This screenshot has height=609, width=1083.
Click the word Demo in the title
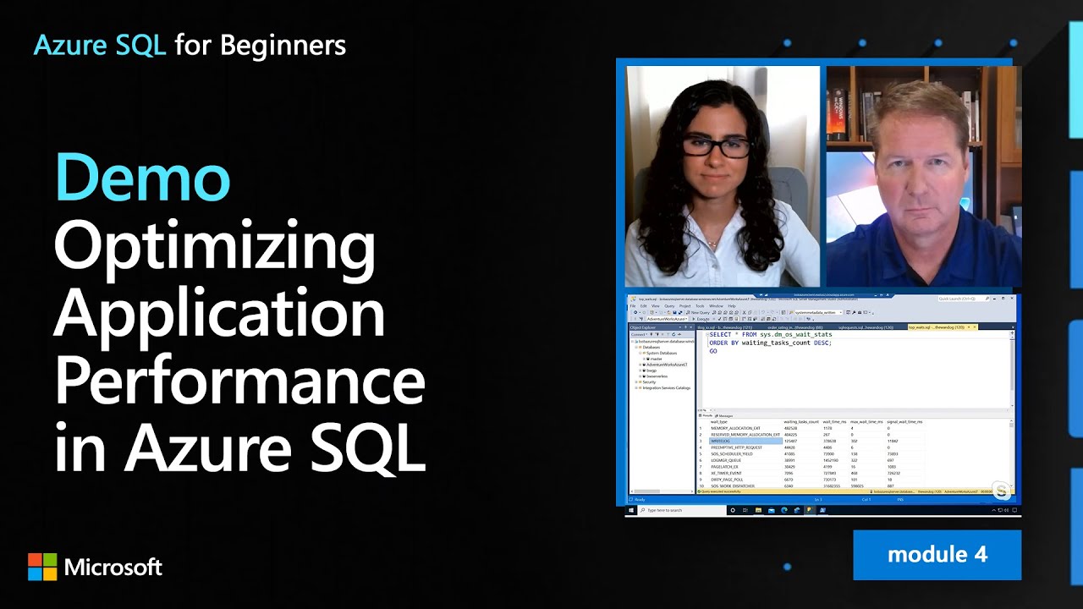point(142,178)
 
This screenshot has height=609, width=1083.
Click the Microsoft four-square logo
point(42,567)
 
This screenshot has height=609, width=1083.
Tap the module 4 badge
point(937,555)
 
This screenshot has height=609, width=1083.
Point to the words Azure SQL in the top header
point(100,46)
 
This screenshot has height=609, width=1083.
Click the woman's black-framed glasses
point(716,146)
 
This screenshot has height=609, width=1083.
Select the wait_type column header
point(718,421)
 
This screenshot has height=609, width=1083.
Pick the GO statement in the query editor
point(713,351)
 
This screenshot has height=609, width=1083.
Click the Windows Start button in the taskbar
point(631,510)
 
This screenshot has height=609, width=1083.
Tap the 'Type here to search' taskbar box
point(682,510)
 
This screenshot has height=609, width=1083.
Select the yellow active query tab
point(939,326)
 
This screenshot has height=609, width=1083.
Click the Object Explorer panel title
point(643,327)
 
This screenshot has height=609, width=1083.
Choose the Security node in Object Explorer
point(649,382)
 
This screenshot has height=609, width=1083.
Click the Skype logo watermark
point(1002,491)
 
